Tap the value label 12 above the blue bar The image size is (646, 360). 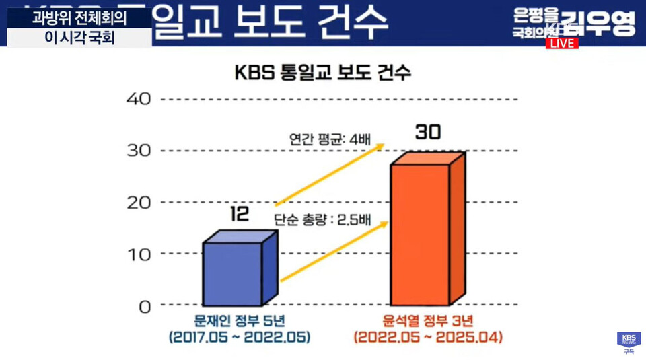239,214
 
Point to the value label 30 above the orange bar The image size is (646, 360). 427,133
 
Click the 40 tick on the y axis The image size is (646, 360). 139,99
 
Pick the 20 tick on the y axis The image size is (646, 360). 139,202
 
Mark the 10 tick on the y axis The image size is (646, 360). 139,254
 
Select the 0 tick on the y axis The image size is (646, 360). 145,306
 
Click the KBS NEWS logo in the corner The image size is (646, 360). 629,340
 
